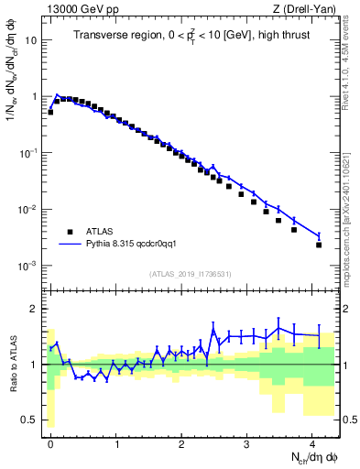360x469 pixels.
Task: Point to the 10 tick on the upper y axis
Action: coord(32,41)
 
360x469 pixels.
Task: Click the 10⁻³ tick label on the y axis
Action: coord(28,266)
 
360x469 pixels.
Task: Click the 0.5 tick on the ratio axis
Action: coord(32,420)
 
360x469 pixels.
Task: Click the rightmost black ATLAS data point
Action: coord(319,245)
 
